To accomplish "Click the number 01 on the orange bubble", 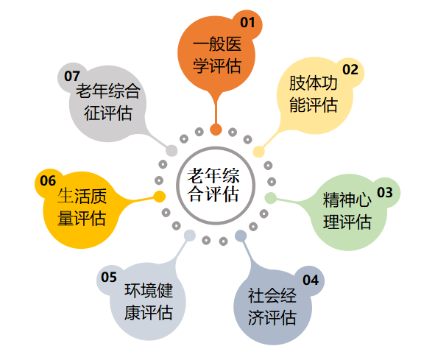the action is (x=247, y=23).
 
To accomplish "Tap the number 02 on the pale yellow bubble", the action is (x=350, y=69).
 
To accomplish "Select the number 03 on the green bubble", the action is (x=385, y=192).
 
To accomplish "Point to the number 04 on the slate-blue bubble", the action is (x=311, y=280).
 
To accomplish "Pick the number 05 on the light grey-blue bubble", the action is (x=109, y=277).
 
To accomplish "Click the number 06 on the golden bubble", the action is (x=48, y=180).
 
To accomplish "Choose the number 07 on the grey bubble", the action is (x=72, y=76).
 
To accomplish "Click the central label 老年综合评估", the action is (x=213, y=185).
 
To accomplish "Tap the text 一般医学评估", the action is (x=217, y=55).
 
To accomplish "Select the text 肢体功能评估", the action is (x=314, y=94).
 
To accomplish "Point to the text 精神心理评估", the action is (x=347, y=211).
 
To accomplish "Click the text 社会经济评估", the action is (x=272, y=306).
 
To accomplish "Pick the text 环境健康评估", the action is (x=149, y=301).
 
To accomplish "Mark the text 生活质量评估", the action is (x=82, y=207).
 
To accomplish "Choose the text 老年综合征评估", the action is (x=108, y=102).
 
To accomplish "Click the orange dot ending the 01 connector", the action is (x=216, y=130).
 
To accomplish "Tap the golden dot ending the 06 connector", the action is (x=160, y=197).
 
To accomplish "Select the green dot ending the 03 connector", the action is (x=270, y=198).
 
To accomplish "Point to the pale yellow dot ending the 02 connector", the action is (x=259, y=152).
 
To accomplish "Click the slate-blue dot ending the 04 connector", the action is (x=241, y=236).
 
